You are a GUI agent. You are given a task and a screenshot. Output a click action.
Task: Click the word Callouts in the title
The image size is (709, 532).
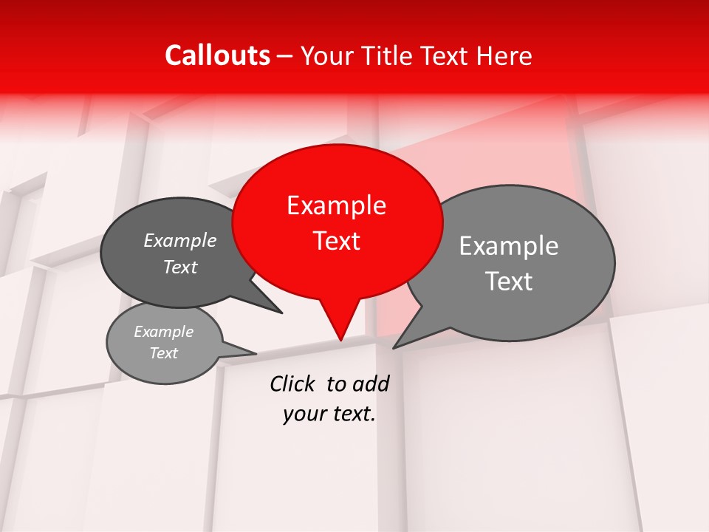point(217,55)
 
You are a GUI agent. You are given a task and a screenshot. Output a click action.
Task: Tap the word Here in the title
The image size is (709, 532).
point(504,55)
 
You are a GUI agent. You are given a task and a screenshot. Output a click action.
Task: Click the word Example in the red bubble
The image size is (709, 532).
point(336,205)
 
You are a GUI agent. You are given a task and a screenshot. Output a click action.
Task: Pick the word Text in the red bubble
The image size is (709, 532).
point(336,241)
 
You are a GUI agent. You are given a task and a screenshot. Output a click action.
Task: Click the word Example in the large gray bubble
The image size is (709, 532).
point(509,246)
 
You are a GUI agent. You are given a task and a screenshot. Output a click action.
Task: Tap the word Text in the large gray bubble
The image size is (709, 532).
point(509,282)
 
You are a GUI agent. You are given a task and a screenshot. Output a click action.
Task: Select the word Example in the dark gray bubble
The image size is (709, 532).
point(180,241)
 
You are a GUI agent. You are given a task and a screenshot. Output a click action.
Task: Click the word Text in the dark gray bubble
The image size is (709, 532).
point(180,267)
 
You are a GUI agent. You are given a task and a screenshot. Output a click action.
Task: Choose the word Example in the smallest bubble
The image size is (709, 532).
point(163,332)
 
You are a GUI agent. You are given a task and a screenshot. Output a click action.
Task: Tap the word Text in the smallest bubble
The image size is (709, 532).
point(163,353)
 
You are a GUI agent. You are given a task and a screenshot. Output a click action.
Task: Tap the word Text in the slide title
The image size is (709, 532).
point(447,55)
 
